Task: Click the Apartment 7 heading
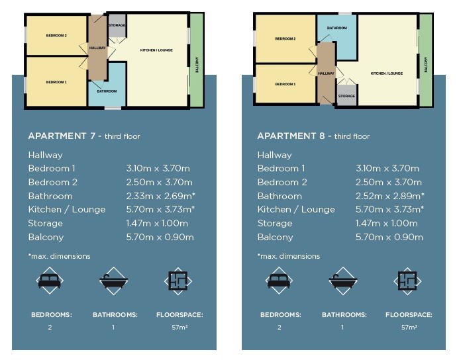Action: (84, 136)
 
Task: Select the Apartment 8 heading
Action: (313, 136)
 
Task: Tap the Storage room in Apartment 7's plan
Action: (117, 26)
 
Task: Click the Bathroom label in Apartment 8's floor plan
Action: (337, 28)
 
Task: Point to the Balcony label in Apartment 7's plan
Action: (197, 65)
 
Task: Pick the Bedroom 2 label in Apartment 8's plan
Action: (285, 38)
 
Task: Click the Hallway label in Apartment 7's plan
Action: (97, 48)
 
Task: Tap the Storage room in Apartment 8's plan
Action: (346, 95)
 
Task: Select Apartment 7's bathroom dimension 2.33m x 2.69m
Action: (161, 196)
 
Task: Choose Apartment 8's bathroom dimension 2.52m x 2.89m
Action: (390, 196)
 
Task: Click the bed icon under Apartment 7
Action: (50, 281)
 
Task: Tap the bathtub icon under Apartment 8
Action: (343, 281)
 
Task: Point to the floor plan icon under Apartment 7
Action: (178, 281)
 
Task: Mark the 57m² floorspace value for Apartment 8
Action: (409, 328)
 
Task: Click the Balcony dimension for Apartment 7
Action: (160, 237)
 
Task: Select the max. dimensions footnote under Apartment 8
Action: (289, 256)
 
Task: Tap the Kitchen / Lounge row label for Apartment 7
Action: (67, 210)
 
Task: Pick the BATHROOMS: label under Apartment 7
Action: (115, 315)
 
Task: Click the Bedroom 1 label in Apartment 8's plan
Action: (285, 84)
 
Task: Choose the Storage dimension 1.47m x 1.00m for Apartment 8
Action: (387, 224)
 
